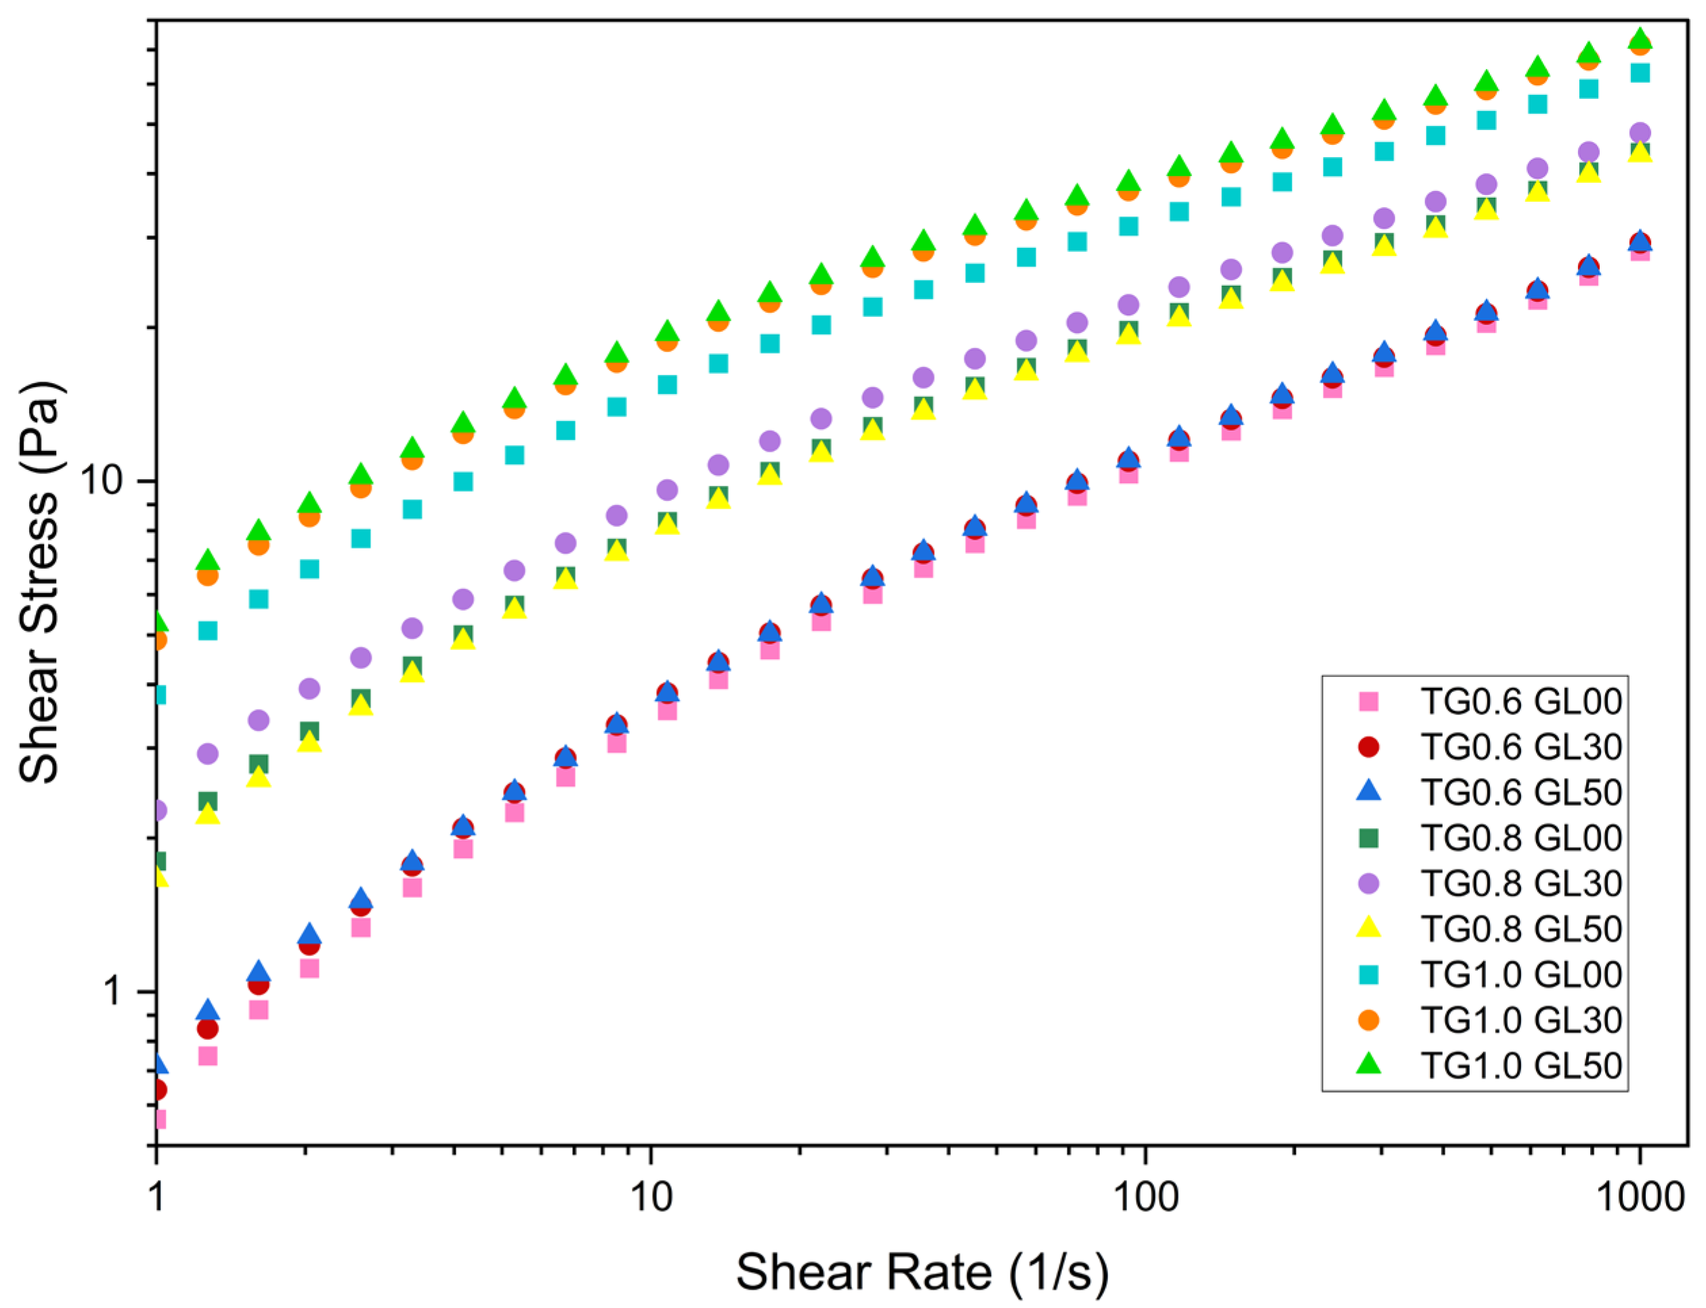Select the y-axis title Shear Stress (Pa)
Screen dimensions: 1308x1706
(39, 582)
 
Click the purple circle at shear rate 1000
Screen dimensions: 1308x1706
(1640, 133)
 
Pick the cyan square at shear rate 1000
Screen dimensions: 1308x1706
(1640, 72)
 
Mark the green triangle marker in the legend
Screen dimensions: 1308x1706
(1368, 1064)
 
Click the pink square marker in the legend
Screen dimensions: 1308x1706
(1368, 701)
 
